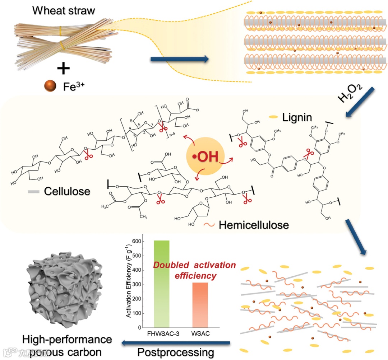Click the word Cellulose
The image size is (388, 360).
click(67, 191)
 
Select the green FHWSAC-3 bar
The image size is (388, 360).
click(161, 284)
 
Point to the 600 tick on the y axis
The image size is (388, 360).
click(137, 242)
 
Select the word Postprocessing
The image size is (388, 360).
click(175, 351)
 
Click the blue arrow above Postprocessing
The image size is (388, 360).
click(176, 343)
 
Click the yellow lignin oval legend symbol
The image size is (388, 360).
click(274, 117)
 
